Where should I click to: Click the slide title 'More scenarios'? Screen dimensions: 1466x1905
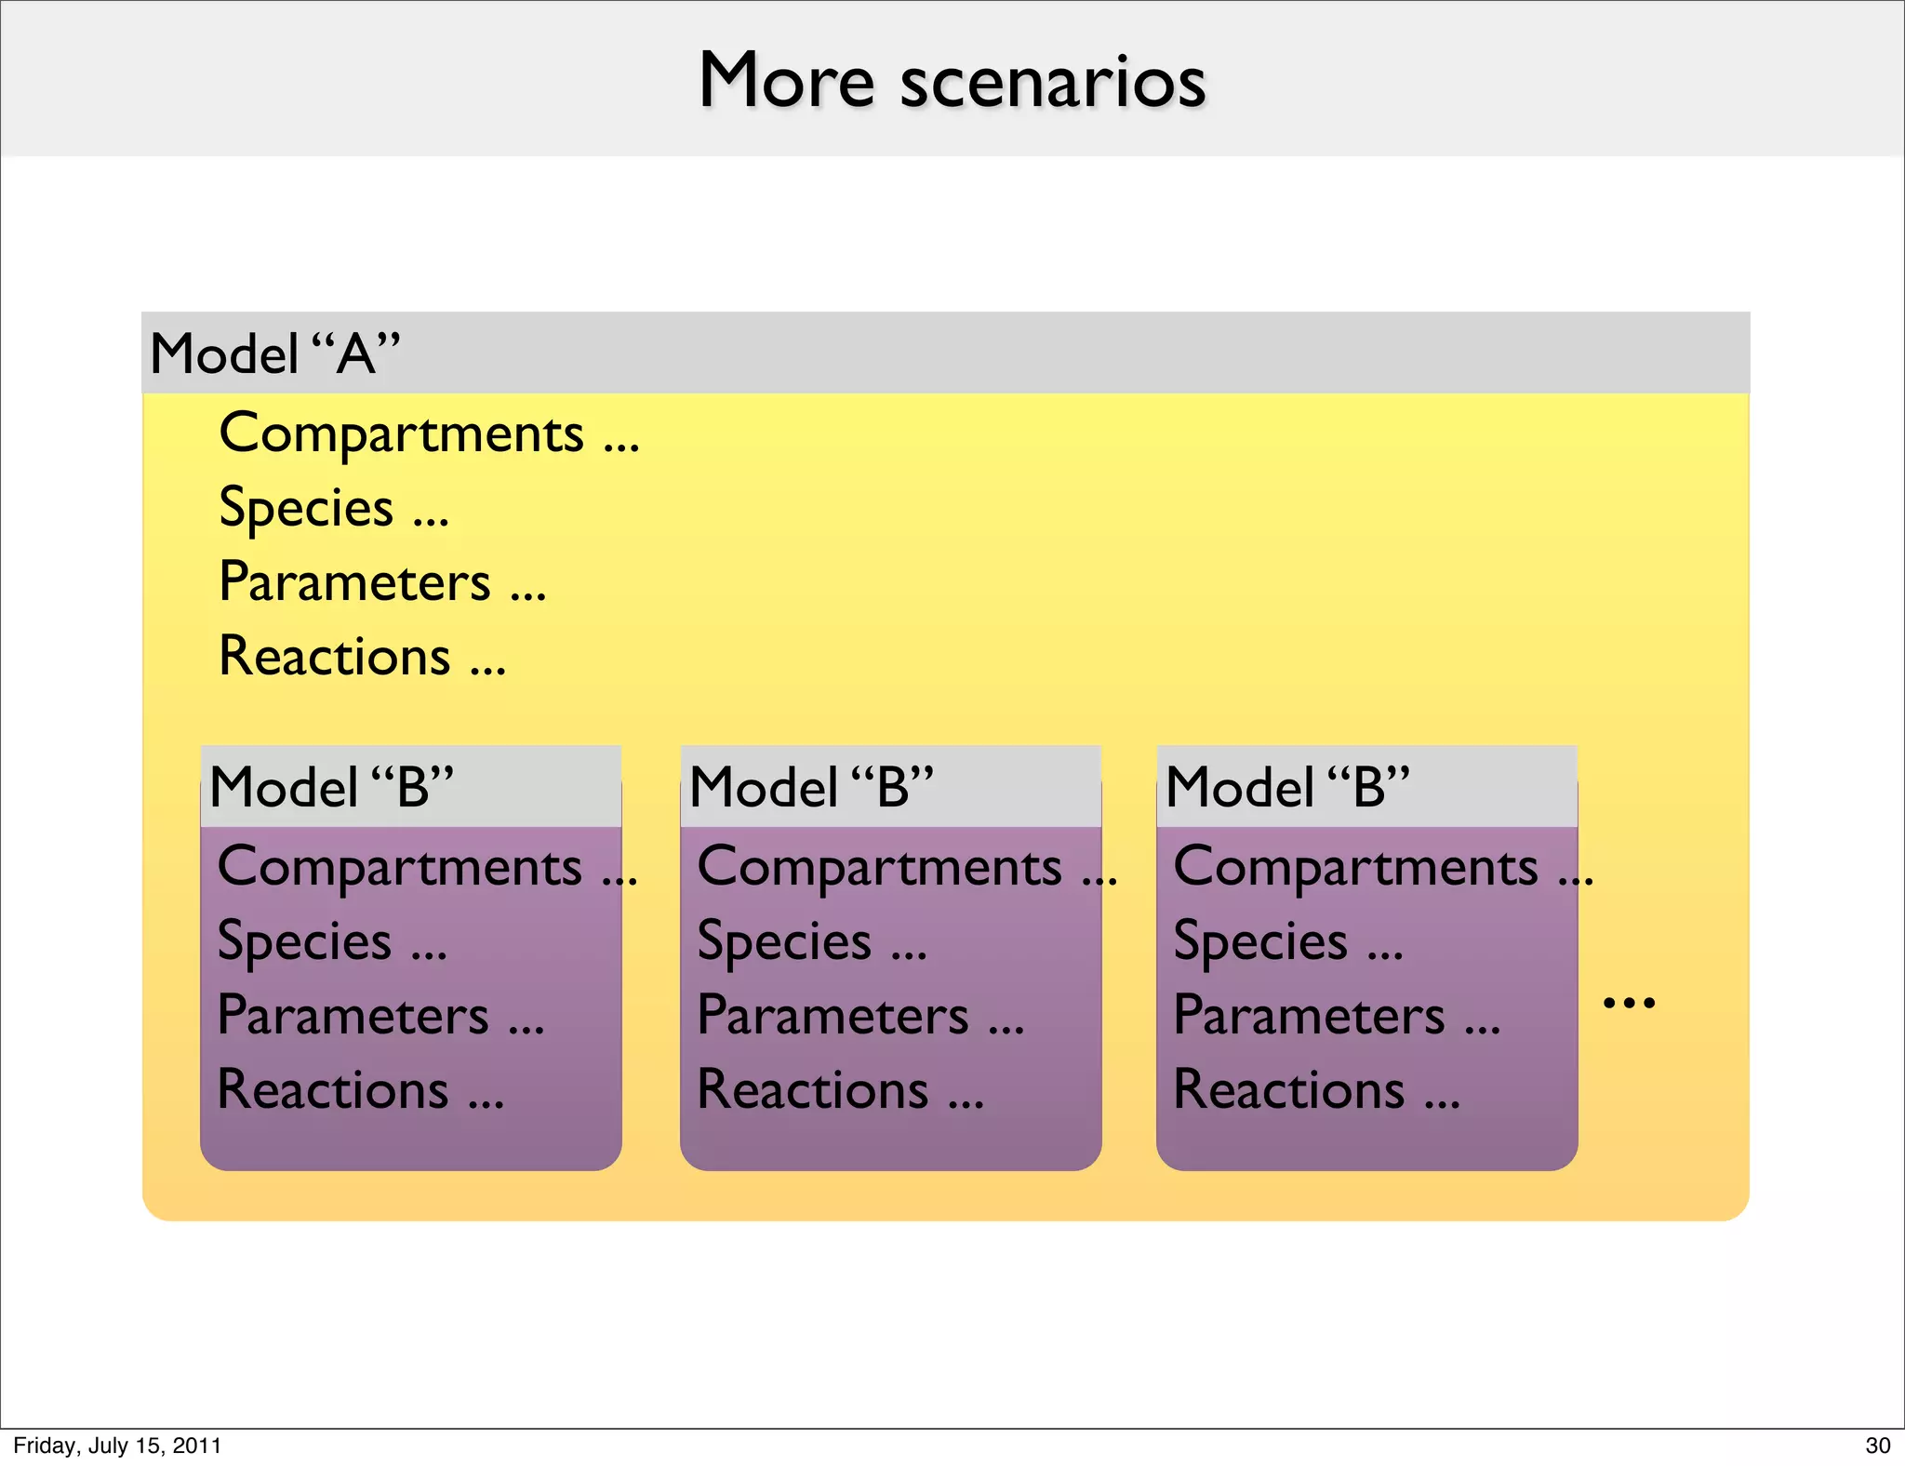[952, 81]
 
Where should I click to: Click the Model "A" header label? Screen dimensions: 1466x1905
[274, 354]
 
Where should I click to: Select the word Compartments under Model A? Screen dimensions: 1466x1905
[401, 433]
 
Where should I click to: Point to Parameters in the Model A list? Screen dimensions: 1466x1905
[354, 582]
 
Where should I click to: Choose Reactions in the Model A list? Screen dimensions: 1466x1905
[335, 656]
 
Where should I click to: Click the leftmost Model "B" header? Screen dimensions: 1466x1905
[331, 787]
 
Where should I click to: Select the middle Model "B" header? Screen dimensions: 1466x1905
[811, 787]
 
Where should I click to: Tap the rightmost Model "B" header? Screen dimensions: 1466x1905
[1287, 787]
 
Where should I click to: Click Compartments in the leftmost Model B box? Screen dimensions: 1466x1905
[399, 867]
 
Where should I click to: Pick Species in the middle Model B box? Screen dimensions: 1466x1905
[784, 941]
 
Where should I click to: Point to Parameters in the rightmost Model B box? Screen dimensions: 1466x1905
[1309, 1015]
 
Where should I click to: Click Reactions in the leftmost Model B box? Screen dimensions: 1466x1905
[333, 1089]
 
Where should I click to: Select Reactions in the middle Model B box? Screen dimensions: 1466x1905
[813, 1089]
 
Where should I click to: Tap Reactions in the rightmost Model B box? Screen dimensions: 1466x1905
[1289, 1089]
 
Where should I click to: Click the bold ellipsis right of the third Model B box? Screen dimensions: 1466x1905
[1629, 1003]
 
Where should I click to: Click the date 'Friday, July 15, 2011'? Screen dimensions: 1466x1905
[117, 1446]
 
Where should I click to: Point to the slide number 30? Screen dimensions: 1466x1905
[1877, 1446]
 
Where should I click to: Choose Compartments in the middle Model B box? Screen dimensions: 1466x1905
[879, 867]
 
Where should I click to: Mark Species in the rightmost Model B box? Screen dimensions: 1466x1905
[1260, 941]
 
